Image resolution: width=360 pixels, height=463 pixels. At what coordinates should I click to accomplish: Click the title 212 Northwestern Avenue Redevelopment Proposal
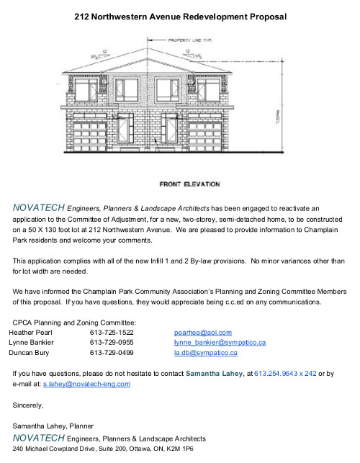pyautogui.click(x=181, y=16)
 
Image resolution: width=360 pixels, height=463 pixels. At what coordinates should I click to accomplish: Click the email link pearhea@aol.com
pyautogui.click(x=203, y=333)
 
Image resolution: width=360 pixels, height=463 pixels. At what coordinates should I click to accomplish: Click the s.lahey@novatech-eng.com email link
pyautogui.click(x=86, y=385)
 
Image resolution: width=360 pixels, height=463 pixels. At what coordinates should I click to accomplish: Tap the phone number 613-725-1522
pyautogui.click(x=112, y=333)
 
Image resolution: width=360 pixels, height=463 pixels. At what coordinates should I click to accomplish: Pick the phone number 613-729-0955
pyautogui.click(x=112, y=343)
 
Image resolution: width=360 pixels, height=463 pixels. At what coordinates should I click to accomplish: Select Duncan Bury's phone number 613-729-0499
pyautogui.click(x=112, y=354)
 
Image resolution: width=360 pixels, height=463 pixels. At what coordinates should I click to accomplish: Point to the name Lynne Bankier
pyautogui.click(x=31, y=343)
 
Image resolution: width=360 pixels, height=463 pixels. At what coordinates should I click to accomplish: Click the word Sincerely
pyautogui.click(x=29, y=405)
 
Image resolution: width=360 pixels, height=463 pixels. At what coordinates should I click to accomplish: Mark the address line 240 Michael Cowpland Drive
pyautogui.click(x=103, y=448)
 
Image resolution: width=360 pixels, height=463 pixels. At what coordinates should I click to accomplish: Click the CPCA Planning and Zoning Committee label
pyautogui.click(x=75, y=322)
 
